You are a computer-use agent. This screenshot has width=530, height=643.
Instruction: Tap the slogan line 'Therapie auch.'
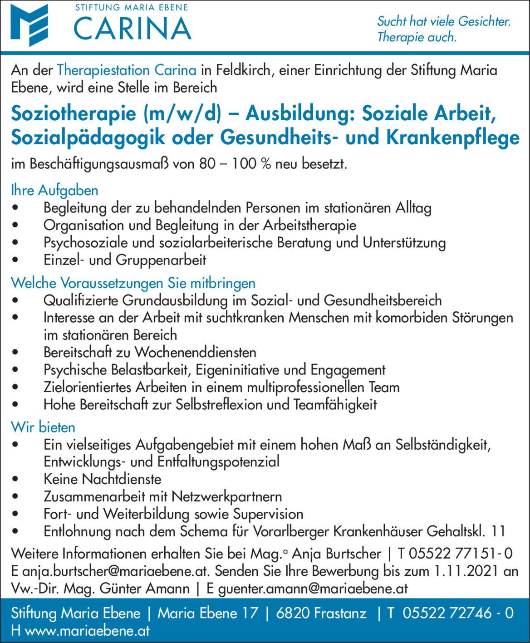pos(417,37)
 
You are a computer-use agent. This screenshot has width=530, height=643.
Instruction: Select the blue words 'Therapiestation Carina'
pos(127,70)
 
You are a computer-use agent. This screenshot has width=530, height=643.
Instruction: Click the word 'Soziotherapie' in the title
pos(74,113)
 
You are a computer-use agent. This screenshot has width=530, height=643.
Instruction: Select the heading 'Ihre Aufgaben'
pos(54,190)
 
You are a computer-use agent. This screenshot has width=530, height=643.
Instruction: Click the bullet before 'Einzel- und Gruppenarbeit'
pos(16,260)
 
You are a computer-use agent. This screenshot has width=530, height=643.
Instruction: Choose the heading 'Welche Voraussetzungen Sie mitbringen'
pos(133,283)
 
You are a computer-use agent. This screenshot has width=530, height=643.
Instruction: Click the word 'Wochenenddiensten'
pos(196,352)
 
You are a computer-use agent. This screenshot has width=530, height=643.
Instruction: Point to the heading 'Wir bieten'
pos(43,427)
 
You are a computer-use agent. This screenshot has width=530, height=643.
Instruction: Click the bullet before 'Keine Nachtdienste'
pos(16,480)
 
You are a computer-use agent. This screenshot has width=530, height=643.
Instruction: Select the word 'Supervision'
pos(268,514)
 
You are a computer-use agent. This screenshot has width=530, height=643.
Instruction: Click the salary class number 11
pos(498,531)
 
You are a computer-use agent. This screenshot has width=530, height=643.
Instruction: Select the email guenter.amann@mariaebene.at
pos(313,589)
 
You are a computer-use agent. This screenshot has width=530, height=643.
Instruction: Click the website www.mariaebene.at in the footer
pos(87,631)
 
